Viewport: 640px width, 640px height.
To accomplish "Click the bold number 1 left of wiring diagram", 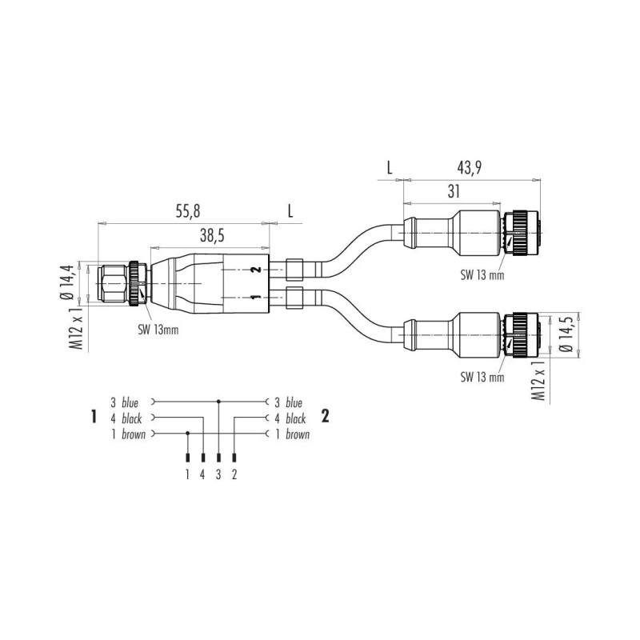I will coord(94,416).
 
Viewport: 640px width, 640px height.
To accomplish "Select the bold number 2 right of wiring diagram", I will coord(326,415).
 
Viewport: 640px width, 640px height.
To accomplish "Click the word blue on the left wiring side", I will coord(134,402).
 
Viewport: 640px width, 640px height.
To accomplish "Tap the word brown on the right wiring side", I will coord(297,434).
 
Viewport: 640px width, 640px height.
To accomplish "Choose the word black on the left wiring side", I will coord(135,418).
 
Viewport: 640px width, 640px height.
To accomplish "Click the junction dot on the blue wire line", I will coord(218,402).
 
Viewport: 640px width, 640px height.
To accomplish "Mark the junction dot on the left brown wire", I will coord(187,434).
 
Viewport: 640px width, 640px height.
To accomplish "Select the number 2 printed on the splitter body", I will coord(254,270).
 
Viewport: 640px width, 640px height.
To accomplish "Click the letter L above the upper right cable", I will coord(390,168).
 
